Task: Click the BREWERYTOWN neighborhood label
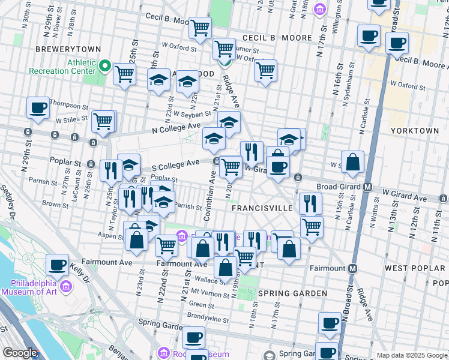point(62,49)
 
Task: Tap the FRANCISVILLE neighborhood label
point(262,208)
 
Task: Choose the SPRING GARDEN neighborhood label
point(284,293)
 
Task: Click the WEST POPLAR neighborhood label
point(414,268)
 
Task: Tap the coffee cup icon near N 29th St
point(38,107)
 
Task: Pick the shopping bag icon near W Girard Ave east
point(353,162)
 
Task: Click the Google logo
point(20,353)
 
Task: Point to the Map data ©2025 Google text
point(411,355)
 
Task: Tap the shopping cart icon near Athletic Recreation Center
point(124,74)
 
